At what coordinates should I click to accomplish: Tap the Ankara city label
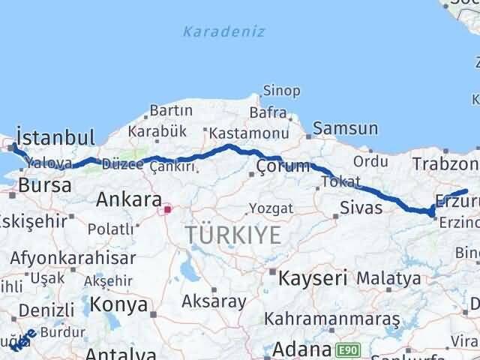tap(128, 199)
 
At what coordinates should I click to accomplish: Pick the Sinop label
tap(281, 91)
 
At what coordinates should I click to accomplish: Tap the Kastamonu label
tap(248, 132)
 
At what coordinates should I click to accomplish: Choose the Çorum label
tap(282, 166)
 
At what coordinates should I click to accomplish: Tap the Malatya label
tap(388, 278)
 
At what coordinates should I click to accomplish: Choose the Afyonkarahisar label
tap(73, 258)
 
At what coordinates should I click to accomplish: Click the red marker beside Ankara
tap(168, 210)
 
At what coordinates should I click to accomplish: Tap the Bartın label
tap(172, 111)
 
